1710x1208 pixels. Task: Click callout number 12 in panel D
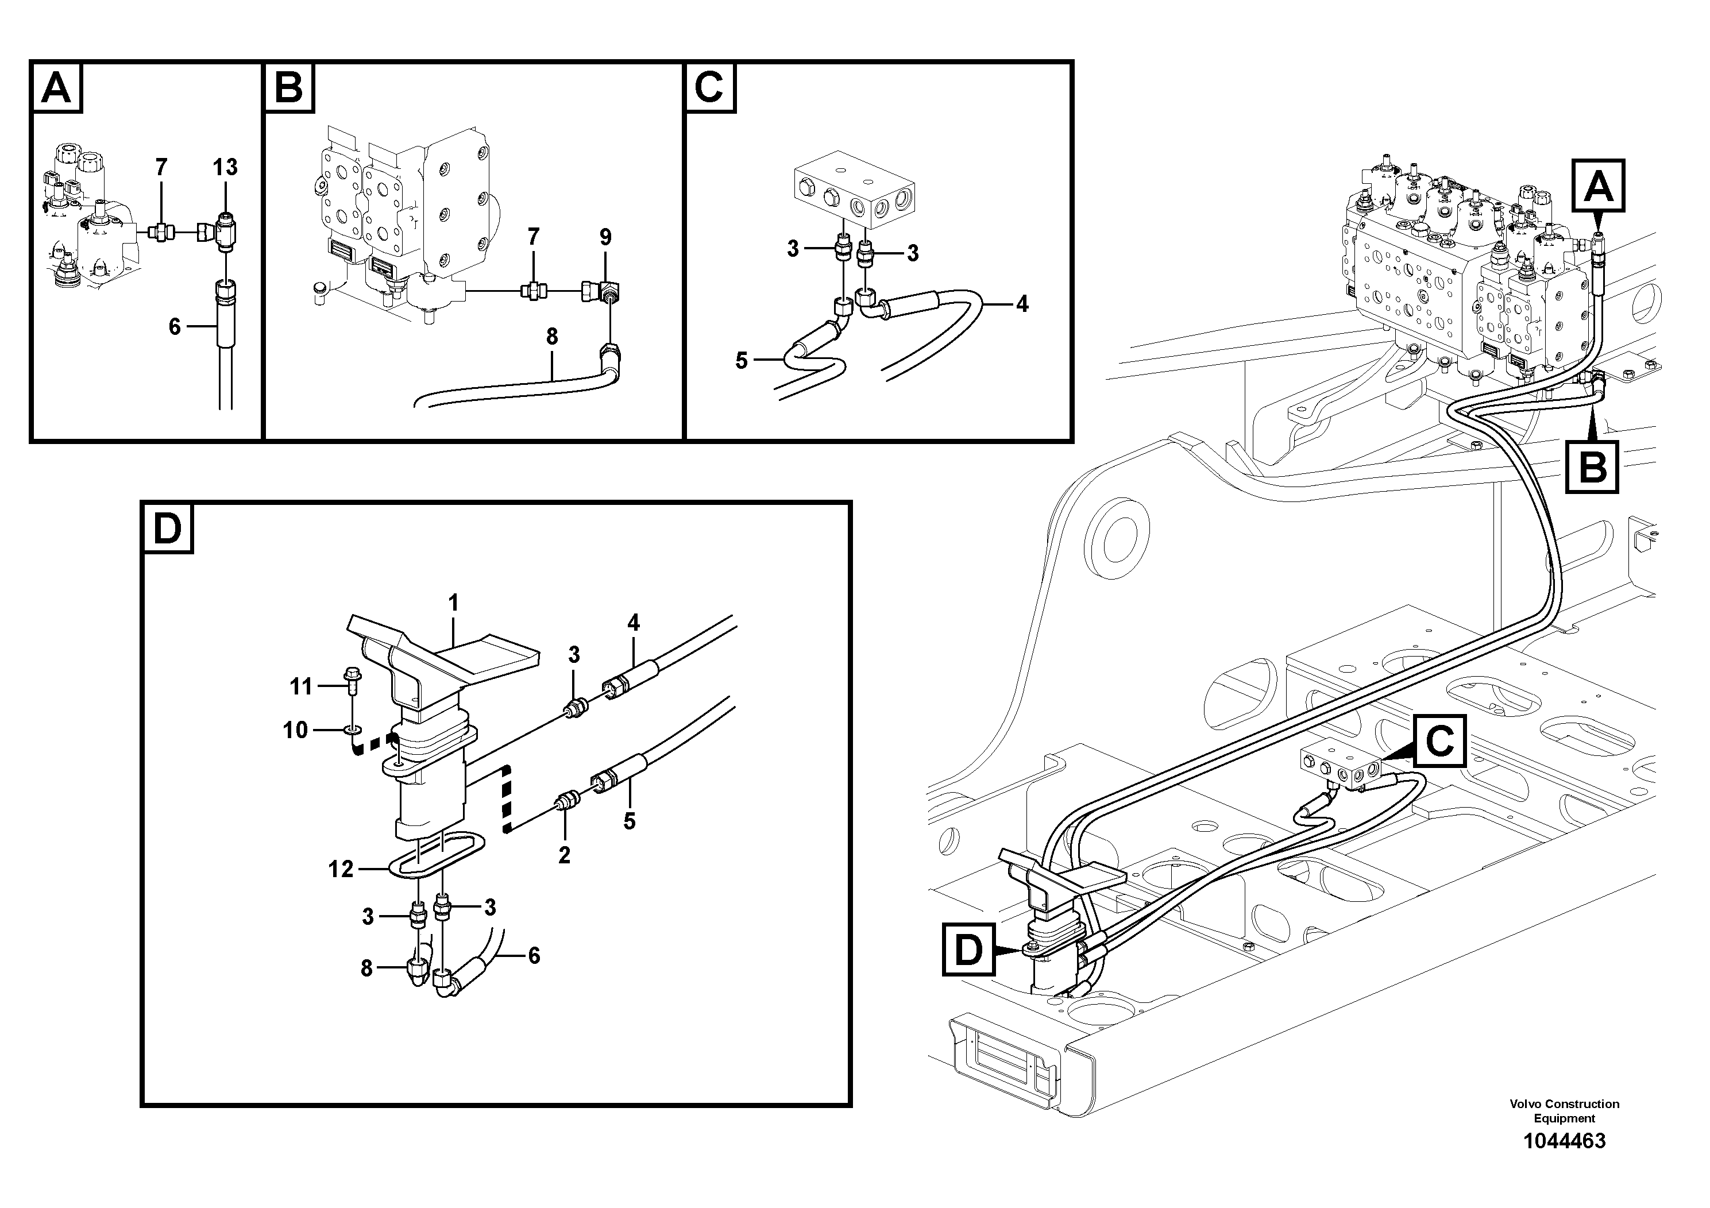point(341,869)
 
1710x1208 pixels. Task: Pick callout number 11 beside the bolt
point(301,685)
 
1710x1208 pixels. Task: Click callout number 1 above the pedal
point(453,603)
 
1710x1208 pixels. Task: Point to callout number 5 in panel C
point(741,361)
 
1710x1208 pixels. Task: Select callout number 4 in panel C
point(1022,303)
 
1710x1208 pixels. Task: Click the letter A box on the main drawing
point(1599,186)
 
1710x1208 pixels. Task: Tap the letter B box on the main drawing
point(1592,468)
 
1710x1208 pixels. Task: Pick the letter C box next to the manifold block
point(1439,741)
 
